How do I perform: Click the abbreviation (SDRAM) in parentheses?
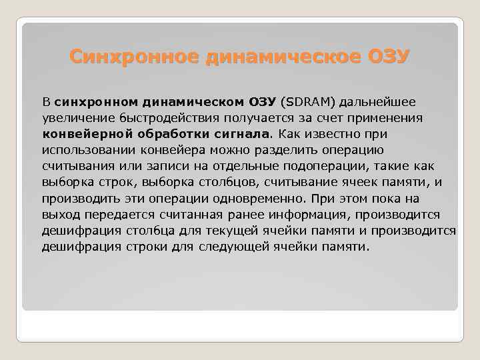pyautogui.click(x=309, y=103)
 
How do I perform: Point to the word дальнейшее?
pyautogui.click(x=379, y=103)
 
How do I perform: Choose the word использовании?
pyautogui.click(x=83, y=151)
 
